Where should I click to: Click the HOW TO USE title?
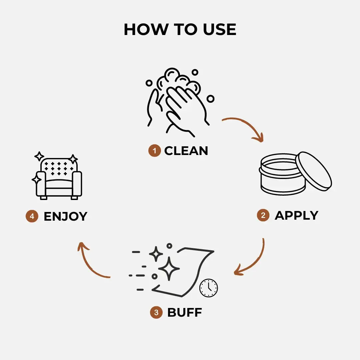180,29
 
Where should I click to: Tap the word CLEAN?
186,151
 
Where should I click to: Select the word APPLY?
296,215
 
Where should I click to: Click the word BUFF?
184,313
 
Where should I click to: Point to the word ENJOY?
65,216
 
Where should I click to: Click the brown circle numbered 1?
154,151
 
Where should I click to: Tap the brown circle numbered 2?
263,215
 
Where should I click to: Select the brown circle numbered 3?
156,313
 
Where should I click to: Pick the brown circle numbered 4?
32,216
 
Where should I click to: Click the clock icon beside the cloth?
209,288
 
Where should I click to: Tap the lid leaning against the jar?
314,172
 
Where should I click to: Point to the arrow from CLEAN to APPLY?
246,126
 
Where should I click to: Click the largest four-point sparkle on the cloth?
169,269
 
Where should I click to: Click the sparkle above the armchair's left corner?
39,156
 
